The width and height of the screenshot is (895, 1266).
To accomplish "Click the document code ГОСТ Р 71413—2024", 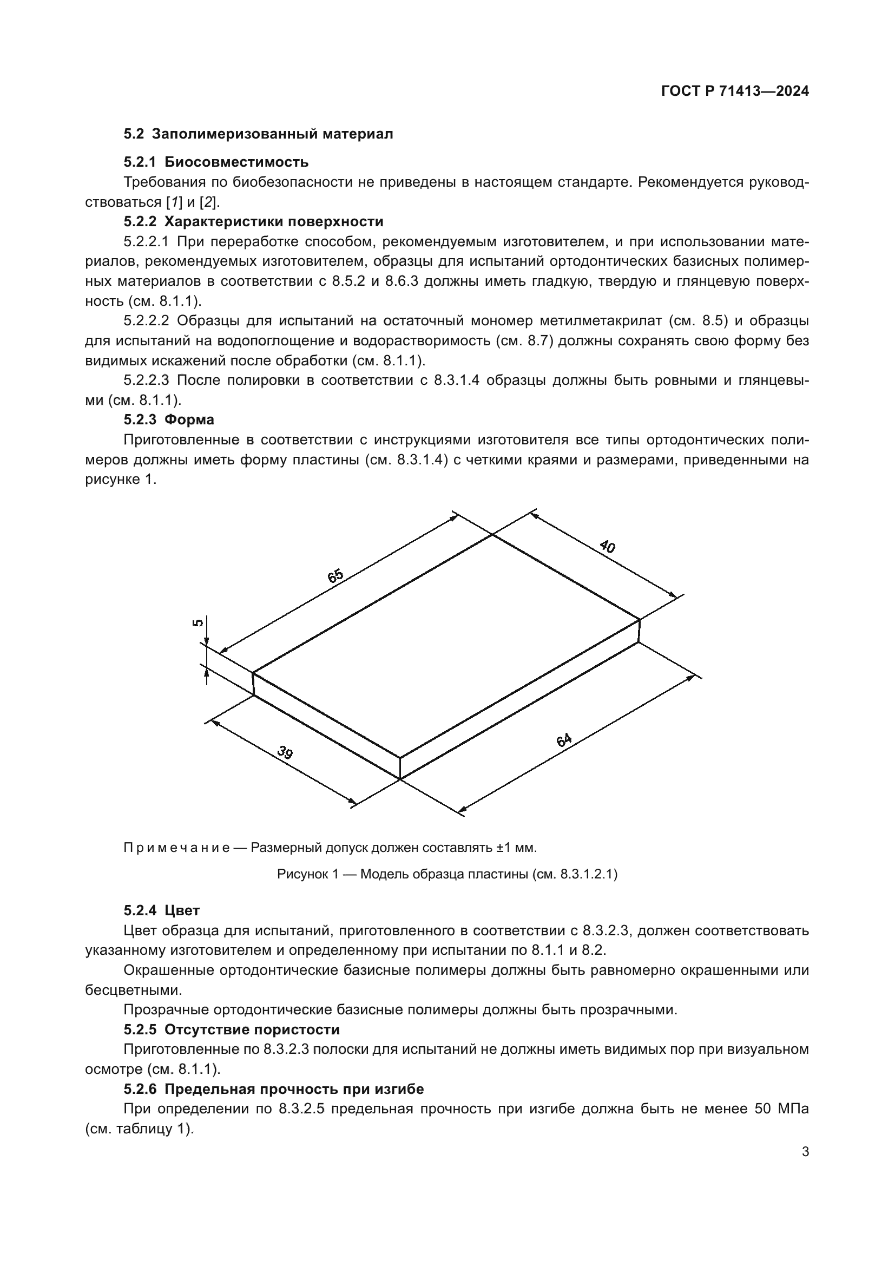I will coord(735,91).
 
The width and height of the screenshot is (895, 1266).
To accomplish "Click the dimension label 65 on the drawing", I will coord(335,576).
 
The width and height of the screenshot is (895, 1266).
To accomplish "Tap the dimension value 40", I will coord(607,547).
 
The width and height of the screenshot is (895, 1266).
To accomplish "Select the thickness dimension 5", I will coord(198,623).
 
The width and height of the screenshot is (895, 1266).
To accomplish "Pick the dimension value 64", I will coord(564,740).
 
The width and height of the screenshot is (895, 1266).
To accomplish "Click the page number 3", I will coord(805,1151).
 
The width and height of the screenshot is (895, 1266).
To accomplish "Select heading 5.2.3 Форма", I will coord(169,419).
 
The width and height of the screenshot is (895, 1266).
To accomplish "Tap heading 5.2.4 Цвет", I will coord(161,910).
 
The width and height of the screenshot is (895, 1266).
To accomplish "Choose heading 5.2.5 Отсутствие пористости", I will coord(232,1029).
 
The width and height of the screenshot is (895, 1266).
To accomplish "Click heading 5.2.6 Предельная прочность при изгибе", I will coord(273,1089).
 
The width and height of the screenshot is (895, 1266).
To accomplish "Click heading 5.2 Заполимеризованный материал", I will coord(258,134).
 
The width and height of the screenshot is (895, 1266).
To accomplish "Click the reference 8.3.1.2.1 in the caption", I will coord(585,874).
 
